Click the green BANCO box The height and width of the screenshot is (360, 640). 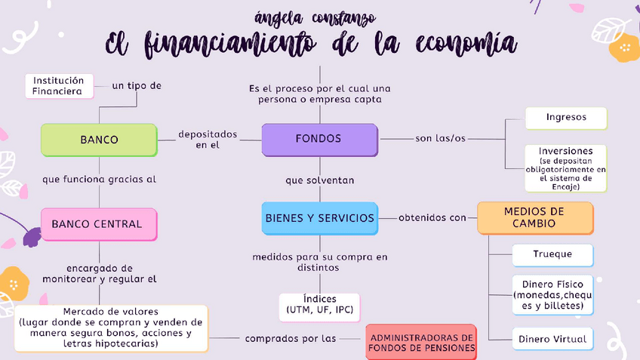point(99,140)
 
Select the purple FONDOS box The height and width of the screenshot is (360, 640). point(318,139)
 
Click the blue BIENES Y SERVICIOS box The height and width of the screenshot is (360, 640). point(319,218)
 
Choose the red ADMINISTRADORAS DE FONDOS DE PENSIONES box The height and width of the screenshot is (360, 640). point(422,343)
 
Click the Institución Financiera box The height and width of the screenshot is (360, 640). point(58,85)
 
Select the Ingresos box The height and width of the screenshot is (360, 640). point(566,118)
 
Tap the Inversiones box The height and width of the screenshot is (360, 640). point(566,168)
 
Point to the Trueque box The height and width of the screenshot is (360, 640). point(552,255)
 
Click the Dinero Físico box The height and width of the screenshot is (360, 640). point(552,295)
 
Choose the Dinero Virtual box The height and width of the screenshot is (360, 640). point(552,339)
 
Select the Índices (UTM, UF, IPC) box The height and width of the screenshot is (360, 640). point(318,305)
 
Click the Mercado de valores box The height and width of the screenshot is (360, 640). point(111,328)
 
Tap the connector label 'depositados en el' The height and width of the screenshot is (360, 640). point(208,140)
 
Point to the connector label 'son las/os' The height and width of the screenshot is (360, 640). point(440,139)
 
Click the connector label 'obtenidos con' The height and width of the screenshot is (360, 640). point(432,218)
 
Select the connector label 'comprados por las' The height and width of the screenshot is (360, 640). point(291,339)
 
